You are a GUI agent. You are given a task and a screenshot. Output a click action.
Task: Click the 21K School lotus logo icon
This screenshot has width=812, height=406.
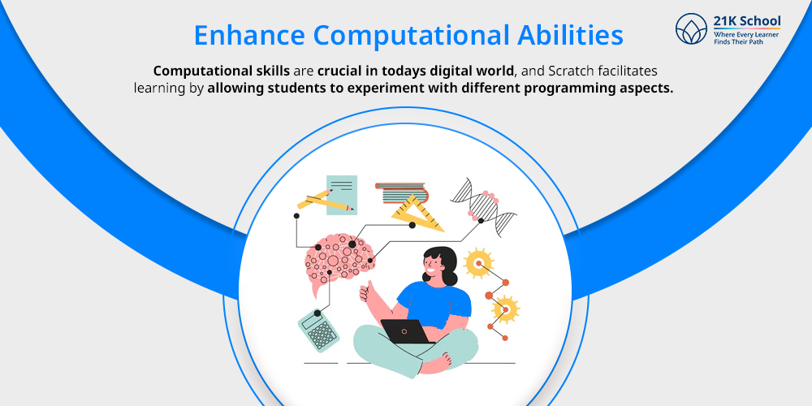point(692,29)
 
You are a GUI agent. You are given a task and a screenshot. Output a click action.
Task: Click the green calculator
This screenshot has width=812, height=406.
point(317,329)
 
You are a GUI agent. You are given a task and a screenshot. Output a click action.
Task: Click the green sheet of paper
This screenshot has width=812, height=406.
point(342,193)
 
